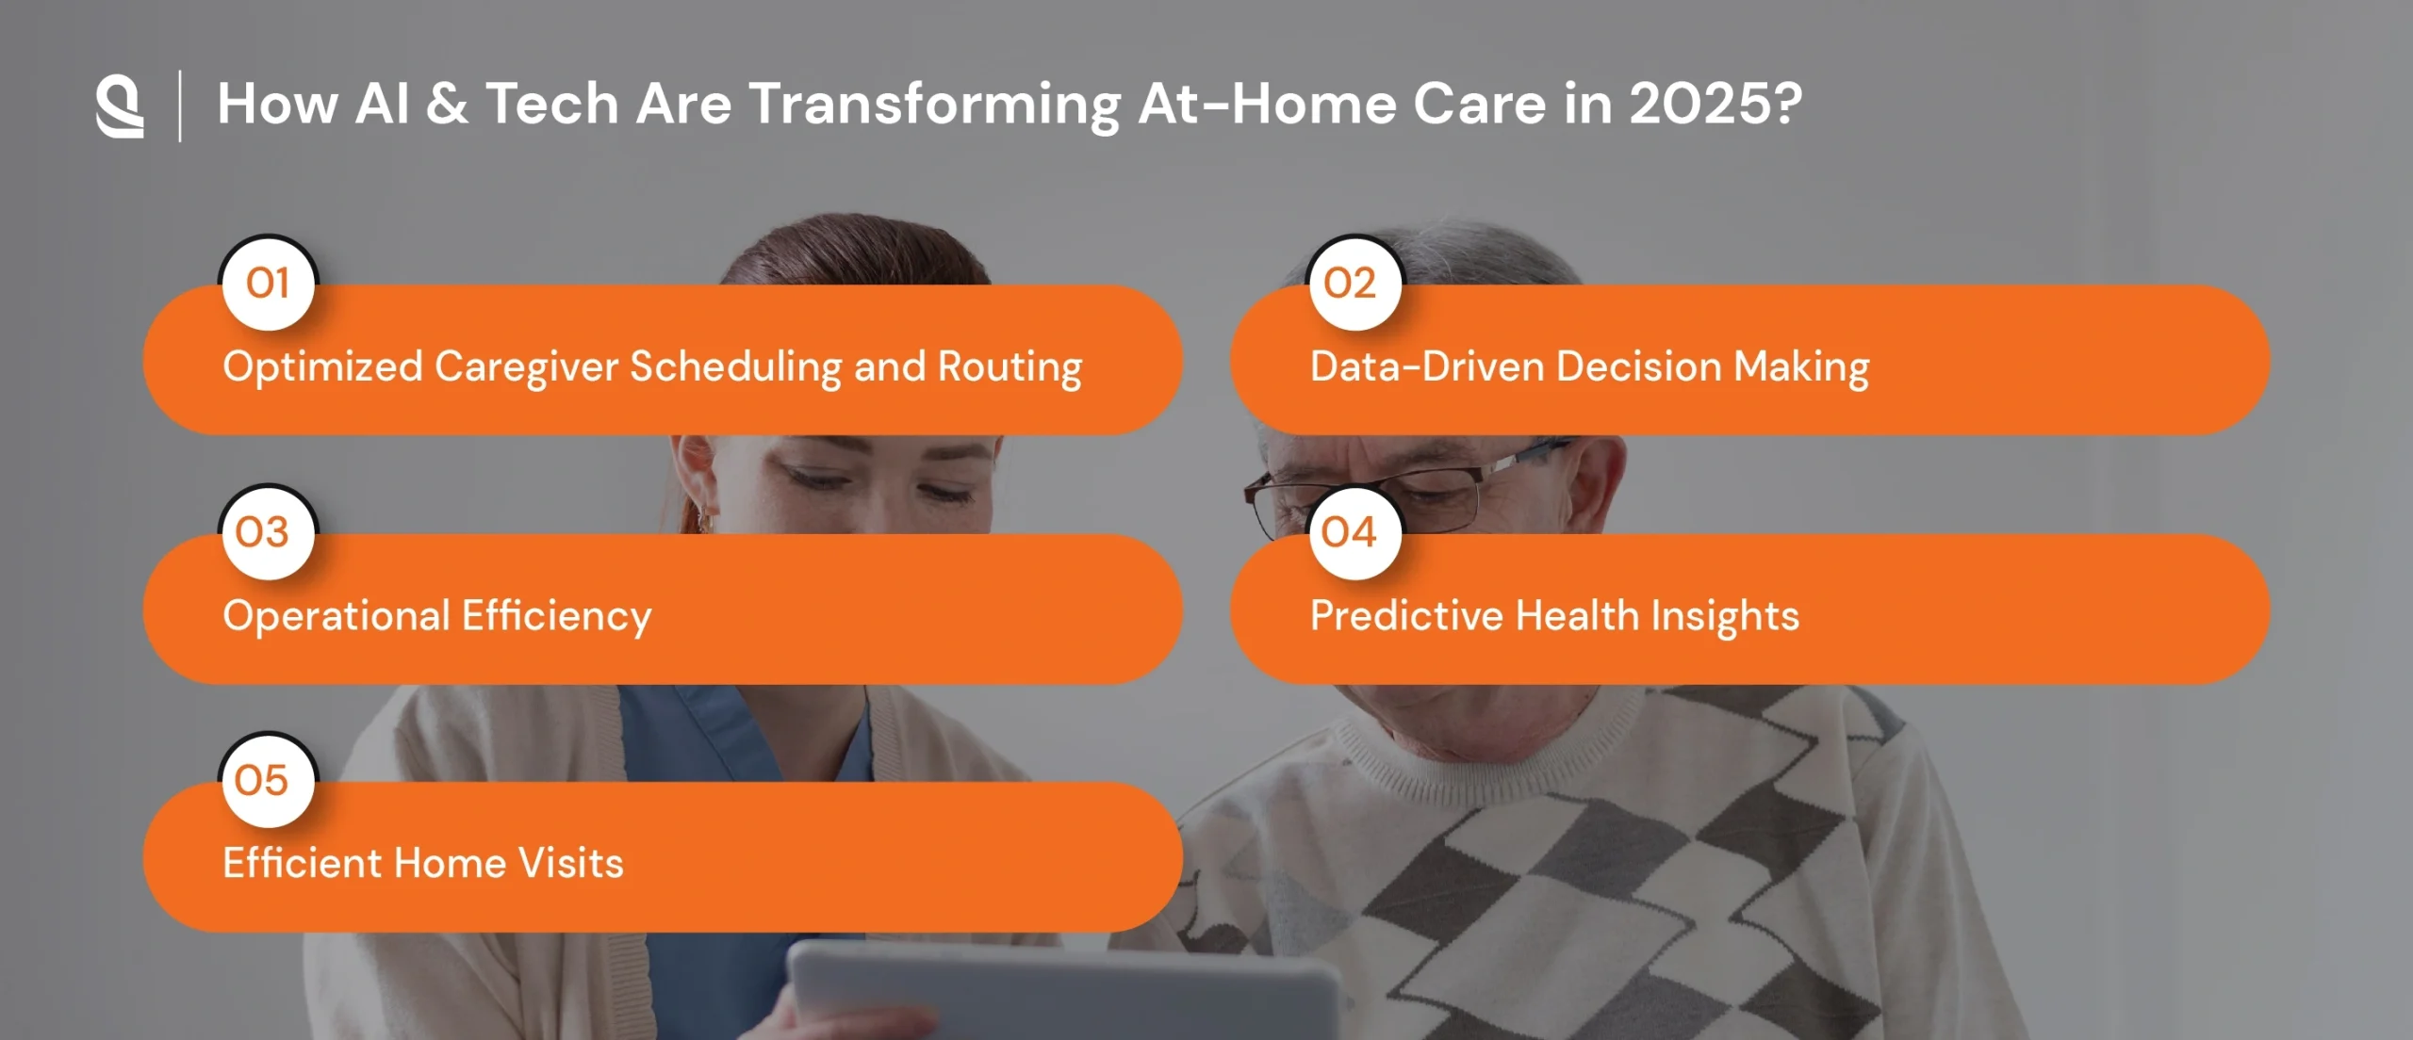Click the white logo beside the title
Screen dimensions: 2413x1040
coord(120,106)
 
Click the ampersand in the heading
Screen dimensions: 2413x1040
coord(447,104)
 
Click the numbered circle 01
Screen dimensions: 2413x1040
coord(269,284)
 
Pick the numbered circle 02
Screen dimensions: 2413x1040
coord(1355,284)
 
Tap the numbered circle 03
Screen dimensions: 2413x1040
coord(269,533)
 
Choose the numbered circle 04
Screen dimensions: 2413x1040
coord(1355,533)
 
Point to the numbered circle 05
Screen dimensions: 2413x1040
coord(269,781)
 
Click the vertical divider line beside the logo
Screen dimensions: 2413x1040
coord(179,106)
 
